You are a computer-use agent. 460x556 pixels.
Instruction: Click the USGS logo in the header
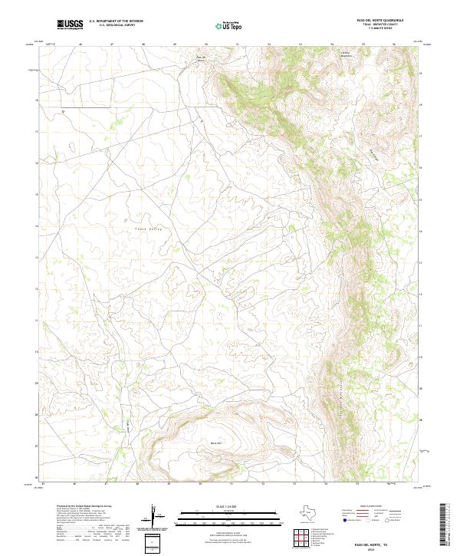click(x=71, y=25)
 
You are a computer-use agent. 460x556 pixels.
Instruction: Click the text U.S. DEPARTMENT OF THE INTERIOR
click(x=117, y=21)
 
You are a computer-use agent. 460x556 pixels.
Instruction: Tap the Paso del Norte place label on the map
click(x=201, y=59)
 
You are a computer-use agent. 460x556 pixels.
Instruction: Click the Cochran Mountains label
click(x=349, y=55)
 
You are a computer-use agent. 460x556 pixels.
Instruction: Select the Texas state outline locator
click(x=311, y=513)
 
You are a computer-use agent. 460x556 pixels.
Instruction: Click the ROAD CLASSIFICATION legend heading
click(x=370, y=507)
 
